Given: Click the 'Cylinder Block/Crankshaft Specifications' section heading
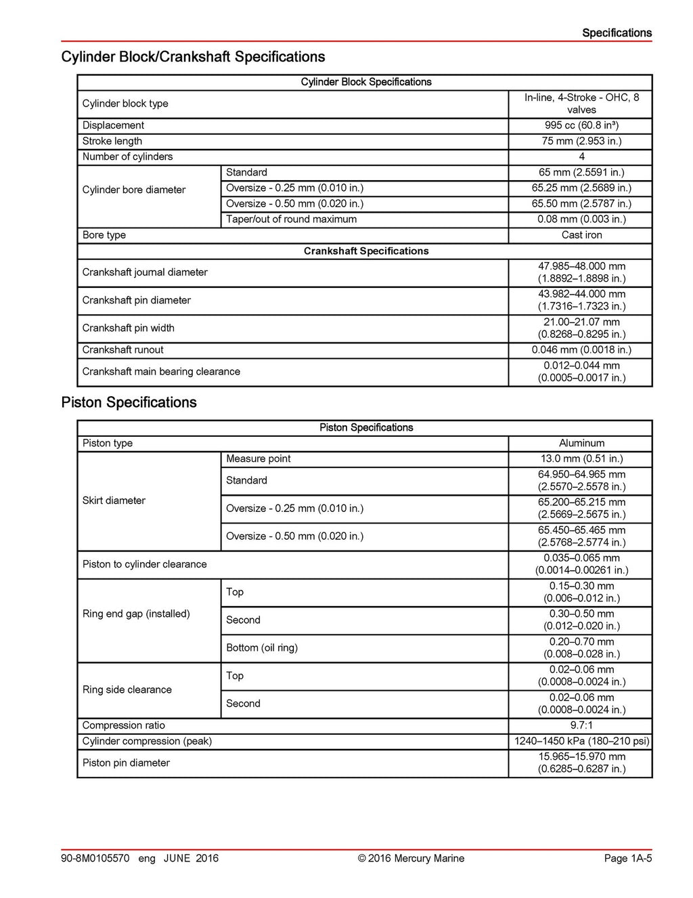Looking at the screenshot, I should point(193,57).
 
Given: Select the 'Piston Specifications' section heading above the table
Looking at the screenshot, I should point(129,402).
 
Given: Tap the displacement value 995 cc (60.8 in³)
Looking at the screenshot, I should point(581,125).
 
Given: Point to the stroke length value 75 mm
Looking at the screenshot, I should point(581,141).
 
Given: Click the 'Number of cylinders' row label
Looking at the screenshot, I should point(127,156).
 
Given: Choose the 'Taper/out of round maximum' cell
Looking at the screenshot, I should point(291,219).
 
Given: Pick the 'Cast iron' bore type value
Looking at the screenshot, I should point(581,235).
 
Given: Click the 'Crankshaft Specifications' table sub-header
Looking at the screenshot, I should point(365,251).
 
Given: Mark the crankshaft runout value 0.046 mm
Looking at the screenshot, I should point(581,350).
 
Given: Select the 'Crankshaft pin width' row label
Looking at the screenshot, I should point(128,328).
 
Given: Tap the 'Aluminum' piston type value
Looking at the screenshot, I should point(581,443).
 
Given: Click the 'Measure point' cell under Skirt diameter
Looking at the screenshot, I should point(258,458).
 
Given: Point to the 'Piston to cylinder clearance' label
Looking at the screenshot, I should point(144,564).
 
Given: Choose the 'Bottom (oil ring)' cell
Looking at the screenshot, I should point(261,647).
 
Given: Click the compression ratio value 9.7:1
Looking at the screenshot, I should point(581,725).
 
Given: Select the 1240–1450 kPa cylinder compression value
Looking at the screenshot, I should point(581,741).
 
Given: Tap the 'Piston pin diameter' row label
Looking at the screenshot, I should point(126,763).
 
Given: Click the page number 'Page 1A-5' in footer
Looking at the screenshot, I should point(627,858).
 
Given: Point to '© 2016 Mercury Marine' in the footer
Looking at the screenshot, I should point(411,858).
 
